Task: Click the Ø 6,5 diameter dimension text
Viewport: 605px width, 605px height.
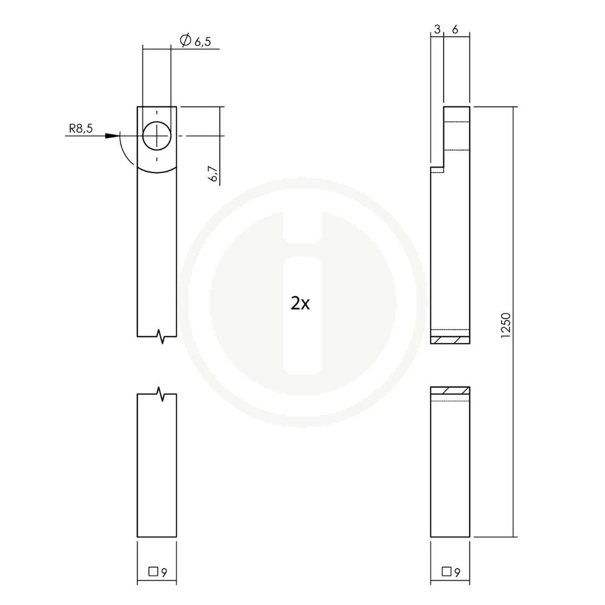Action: (195, 41)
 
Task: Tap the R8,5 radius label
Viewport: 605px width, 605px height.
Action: (80, 128)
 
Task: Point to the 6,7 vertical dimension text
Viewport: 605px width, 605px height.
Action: (213, 174)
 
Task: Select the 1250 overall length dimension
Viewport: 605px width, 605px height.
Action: (505, 325)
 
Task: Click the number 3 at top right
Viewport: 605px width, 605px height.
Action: (437, 30)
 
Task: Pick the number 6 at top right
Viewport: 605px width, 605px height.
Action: (456, 30)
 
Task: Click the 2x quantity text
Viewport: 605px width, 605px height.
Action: (300, 304)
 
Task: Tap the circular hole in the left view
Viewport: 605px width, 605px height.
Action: (157, 136)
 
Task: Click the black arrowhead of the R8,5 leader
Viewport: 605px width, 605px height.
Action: (113, 136)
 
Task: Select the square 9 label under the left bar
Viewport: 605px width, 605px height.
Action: (158, 572)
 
